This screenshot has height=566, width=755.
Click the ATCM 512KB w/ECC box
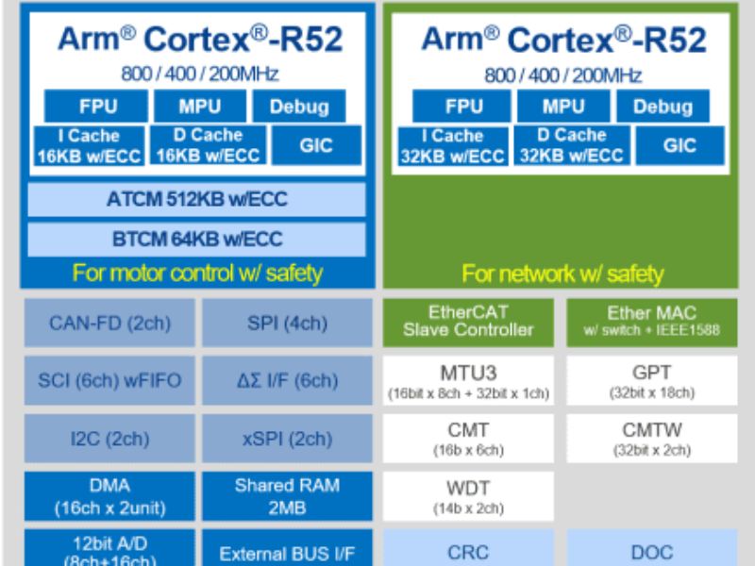coord(196,199)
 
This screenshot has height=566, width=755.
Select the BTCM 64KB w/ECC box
coord(196,240)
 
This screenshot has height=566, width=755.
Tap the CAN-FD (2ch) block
coord(109,323)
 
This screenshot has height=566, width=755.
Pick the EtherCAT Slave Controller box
coord(468,322)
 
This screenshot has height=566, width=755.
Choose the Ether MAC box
coord(652,322)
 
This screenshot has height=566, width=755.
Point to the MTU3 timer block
coord(468,380)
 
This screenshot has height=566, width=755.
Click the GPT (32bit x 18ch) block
coord(652,380)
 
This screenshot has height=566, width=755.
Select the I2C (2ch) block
coord(109,439)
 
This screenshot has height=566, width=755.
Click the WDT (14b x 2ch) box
coord(468,496)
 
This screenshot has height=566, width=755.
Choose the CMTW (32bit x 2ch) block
coord(652,439)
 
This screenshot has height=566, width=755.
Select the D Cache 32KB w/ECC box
coord(572,146)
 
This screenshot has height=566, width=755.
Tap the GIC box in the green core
coord(679,146)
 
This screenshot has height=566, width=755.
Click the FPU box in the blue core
coord(95,106)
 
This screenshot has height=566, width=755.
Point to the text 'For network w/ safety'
coord(562,274)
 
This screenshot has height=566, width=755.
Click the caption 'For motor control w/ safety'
coord(197,274)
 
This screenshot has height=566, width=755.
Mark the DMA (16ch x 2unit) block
coord(109,496)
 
